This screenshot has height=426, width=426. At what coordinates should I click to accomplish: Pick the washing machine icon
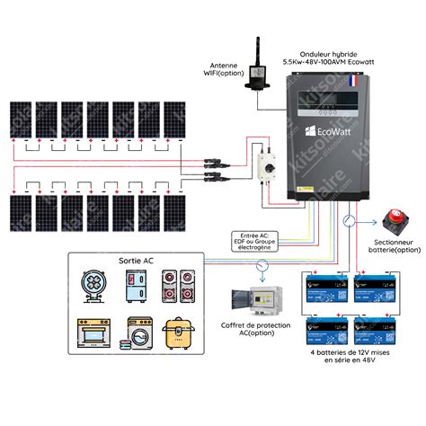point(142,333)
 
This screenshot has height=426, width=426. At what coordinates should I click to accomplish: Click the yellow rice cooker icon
point(183,333)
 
